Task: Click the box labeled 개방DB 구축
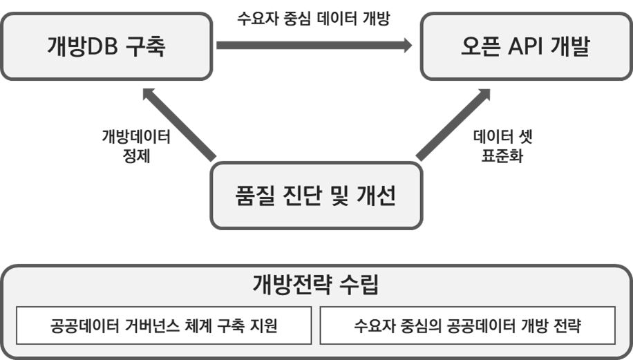(x=107, y=46)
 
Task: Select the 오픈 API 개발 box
(x=525, y=46)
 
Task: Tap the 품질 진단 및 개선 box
(x=316, y=196)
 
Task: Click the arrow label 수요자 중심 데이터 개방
(x=313, y=19)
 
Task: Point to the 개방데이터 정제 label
(x=136, y=146)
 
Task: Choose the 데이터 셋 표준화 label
(x=502, y=146)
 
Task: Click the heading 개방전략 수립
(x=316, y=284)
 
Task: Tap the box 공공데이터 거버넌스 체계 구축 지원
(x=164, y=325)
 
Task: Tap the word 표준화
(x=502, y=155)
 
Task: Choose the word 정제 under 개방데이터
(x=136, y=155)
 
